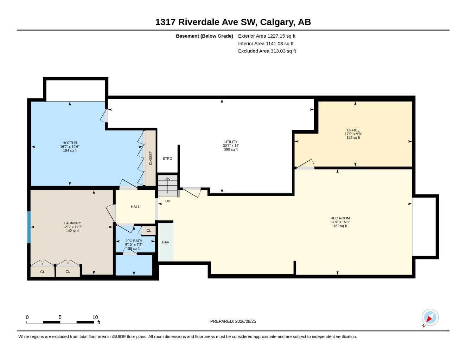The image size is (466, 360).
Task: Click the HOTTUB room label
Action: tap(70, 143)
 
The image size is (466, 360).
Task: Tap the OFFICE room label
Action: tap(353, 130)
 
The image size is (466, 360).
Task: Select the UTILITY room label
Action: tap(231, 142)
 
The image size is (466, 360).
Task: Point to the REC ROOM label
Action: tap(340, 218)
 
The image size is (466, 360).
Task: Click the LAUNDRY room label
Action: tap(72, 223)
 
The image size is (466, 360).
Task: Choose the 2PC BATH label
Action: tap(134, 241)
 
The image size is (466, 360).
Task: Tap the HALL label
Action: tap(135, 207)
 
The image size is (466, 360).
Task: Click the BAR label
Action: tap(166, 242)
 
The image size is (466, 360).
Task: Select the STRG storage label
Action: tap(167, 159)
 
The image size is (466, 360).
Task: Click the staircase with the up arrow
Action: tap(168, 185)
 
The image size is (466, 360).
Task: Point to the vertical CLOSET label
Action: tap(151, 158)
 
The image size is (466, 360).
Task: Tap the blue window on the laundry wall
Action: tap(29, 227)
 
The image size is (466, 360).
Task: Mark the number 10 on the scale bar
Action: tap(95, 317)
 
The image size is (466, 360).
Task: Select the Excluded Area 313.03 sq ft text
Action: tap(267, 51)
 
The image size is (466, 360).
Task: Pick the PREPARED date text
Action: tap(233, 321)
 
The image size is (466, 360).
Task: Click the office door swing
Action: tap(305, 164)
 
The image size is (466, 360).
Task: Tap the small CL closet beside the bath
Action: tap(149, 231)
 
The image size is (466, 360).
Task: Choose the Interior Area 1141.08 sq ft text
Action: tap(266, 44)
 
